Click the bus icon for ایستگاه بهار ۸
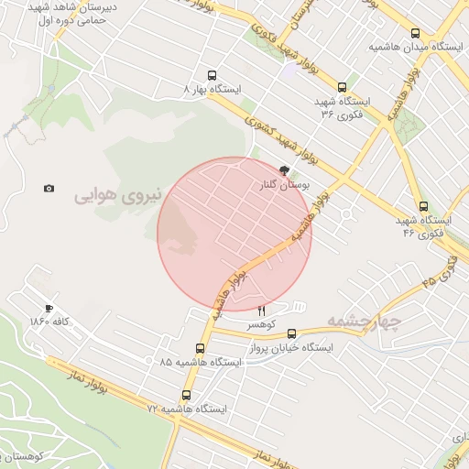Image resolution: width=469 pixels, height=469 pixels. pos(213,76)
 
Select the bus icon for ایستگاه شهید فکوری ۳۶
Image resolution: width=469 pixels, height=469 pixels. pos(342,88)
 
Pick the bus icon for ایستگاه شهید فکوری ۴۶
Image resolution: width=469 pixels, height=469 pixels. pos(422,207)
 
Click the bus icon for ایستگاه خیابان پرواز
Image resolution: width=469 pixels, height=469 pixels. pos(291,334)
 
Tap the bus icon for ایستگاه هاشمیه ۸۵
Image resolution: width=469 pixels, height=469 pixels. pos(201,348)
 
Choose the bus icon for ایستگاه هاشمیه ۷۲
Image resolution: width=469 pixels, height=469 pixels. pos(187,395)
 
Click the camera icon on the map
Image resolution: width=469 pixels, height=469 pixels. pos(49,189)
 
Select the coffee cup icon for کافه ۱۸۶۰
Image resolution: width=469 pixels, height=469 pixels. pos(49,309)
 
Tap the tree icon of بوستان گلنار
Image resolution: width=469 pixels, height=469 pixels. pos(284,170)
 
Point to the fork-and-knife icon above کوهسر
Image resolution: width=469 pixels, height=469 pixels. pos(261,311)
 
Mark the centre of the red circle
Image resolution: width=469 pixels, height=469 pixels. pos(234,234)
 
